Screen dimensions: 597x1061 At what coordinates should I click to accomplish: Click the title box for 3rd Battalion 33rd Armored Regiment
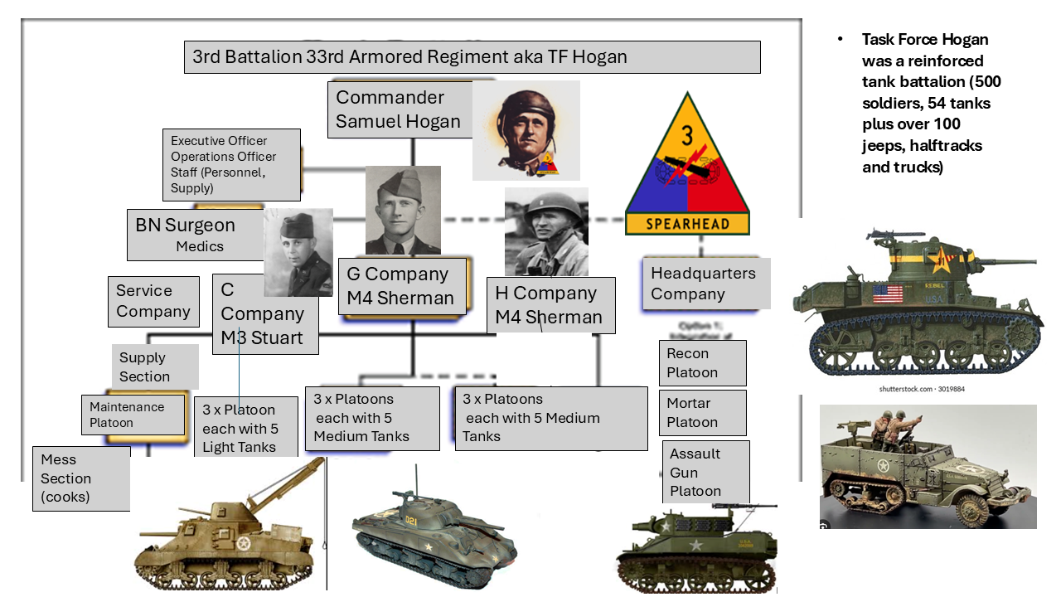[x=472, y=57]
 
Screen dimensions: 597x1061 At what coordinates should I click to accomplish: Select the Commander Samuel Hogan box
[x=399, y=109]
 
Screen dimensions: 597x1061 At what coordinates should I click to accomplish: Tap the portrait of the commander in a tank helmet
[x=526, y=130]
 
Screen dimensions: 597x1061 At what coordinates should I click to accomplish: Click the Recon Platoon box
[x=702, y=363]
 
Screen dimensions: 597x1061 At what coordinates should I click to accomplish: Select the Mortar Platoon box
[x=702, y=413]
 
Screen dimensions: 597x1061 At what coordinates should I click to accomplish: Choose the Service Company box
[x=153, y=301]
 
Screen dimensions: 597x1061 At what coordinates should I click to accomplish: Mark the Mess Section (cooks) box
[x=81, y=478]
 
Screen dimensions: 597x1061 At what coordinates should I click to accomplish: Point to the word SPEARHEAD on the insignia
[x=687, y=224]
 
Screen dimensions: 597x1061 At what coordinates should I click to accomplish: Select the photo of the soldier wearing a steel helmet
[x=546, y=231]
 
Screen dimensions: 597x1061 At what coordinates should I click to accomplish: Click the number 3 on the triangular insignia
[x=686, y=135]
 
